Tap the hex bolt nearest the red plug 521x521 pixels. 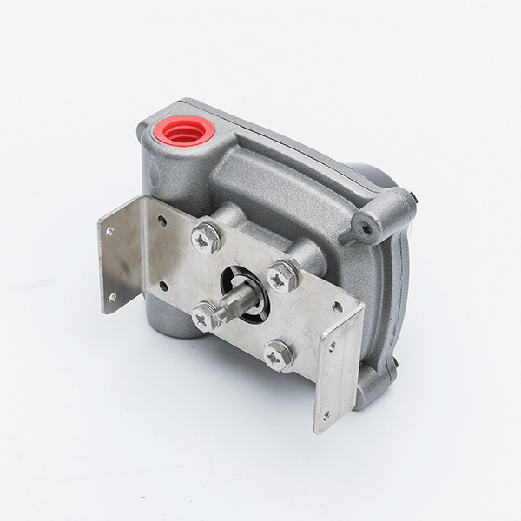pos(206,238)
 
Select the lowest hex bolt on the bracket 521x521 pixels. pos(278,354)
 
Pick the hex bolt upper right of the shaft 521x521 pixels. pos(282,276)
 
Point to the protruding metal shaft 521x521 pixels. pos(236,300)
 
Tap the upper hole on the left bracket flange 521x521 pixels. pos(110,231)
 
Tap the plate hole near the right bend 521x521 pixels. pos(337,307)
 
